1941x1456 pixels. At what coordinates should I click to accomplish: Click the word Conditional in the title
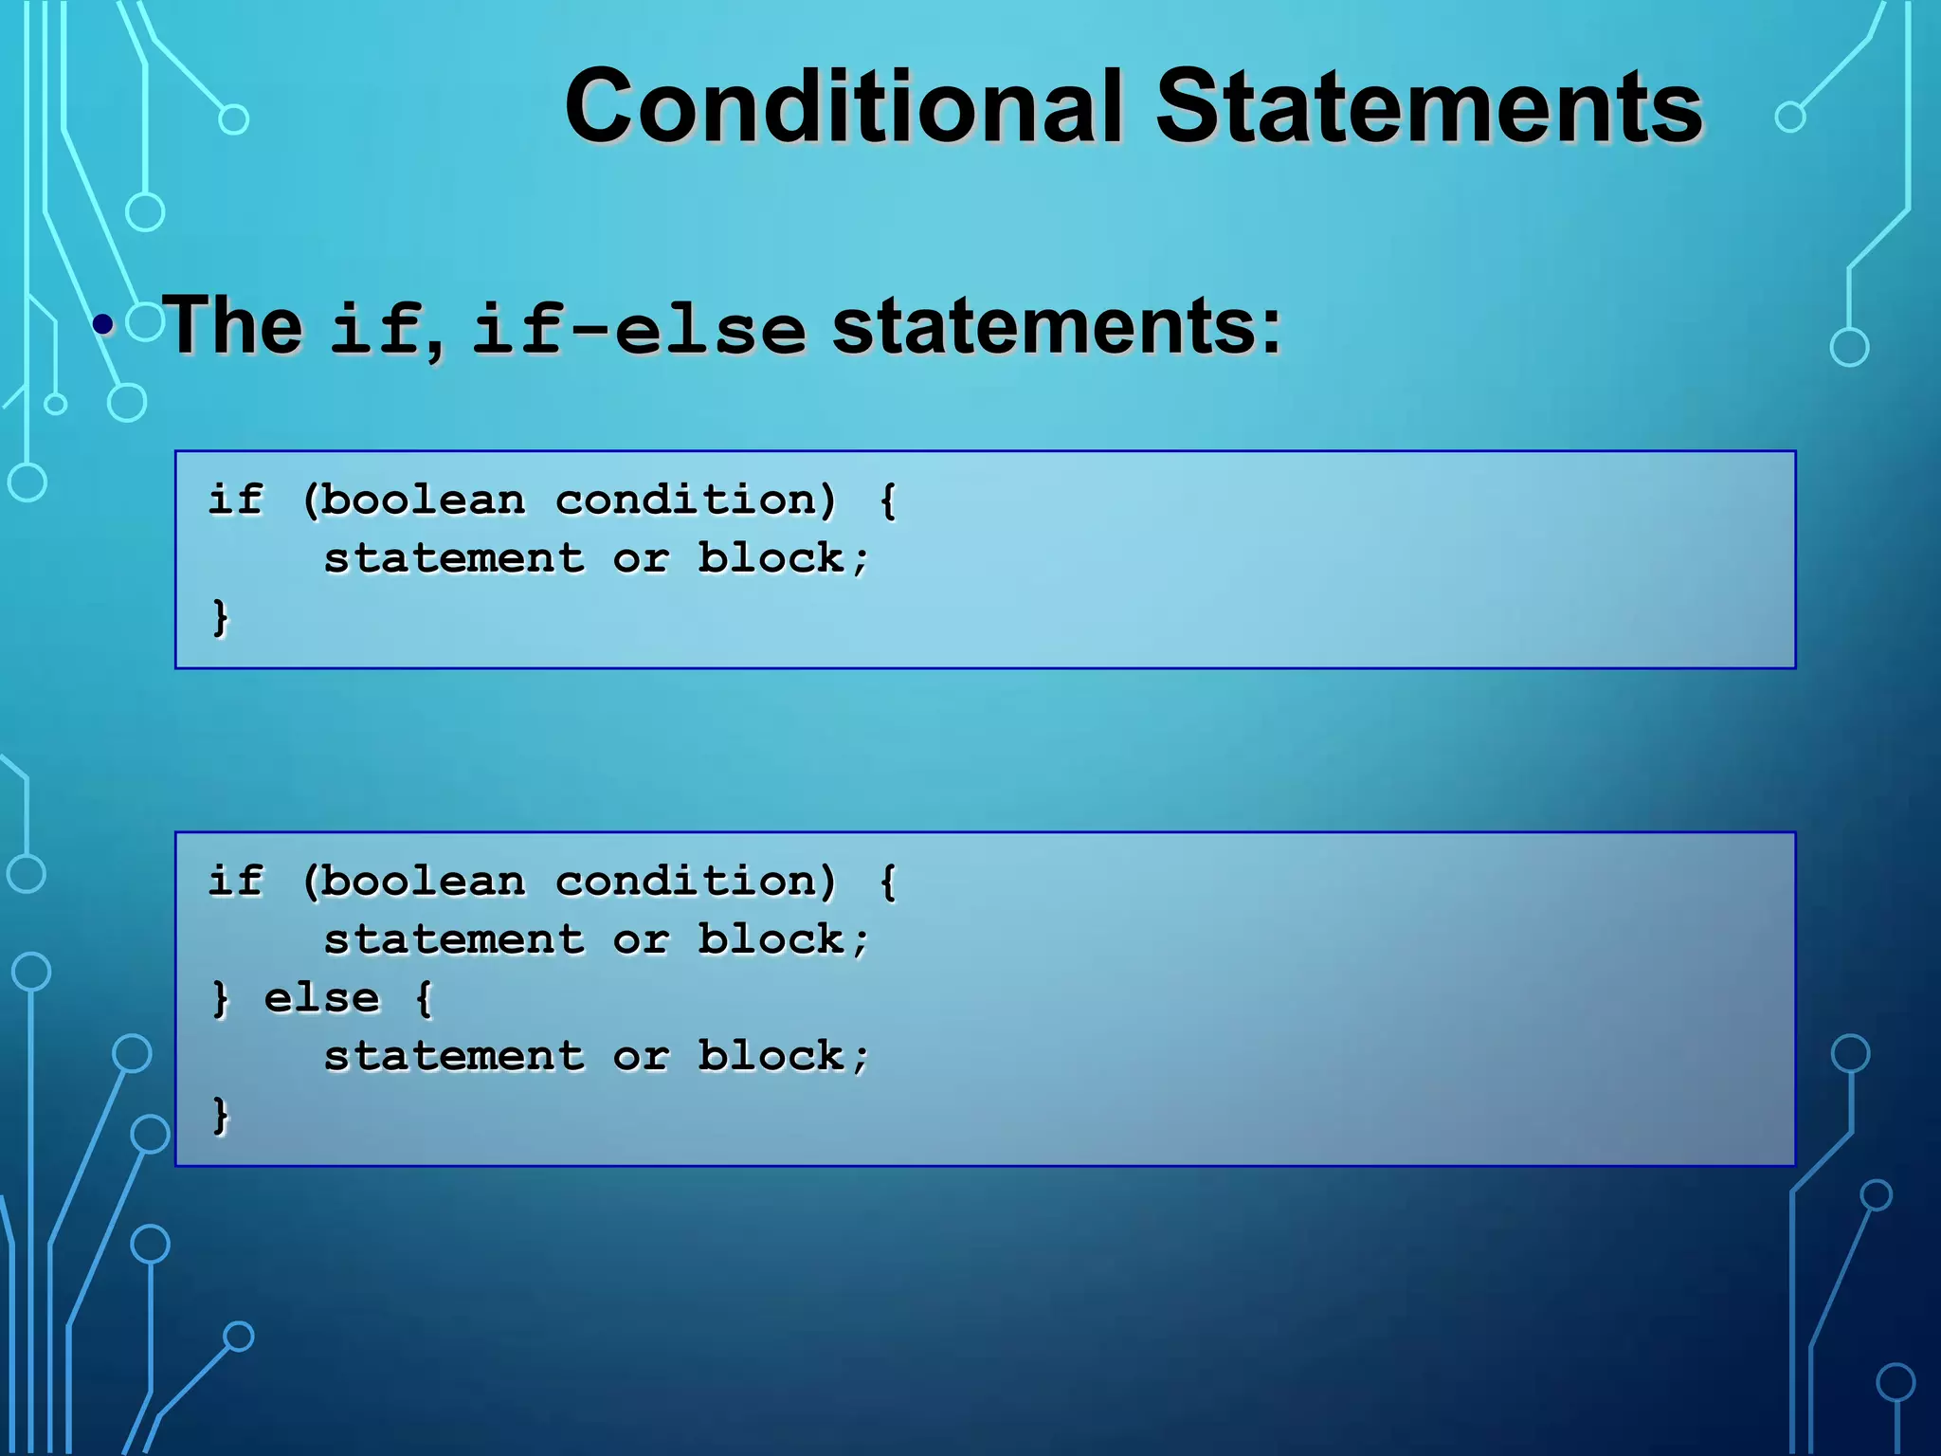pyautogui.click(x=844, y=106)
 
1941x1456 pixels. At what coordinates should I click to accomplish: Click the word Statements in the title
pyautogui.click(x=1429, y=106)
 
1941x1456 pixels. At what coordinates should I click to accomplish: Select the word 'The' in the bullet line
pyautogui.click(x=233, y=325)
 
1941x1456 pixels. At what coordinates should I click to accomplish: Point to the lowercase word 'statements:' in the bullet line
pyautogui.click(x=1056, y=325)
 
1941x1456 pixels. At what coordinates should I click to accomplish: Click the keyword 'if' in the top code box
pyautogui.click(x=235, y=500)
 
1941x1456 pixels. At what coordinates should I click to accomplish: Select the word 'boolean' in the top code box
pyautogui.click(x=422, y=500)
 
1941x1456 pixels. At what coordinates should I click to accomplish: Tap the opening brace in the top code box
pyautogui.click(x=888, y=500)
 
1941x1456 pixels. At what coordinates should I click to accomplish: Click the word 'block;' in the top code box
pyautogui.click(x=783, y=558)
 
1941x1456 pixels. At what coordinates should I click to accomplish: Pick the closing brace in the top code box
pyautogui.click(x=220, y=617)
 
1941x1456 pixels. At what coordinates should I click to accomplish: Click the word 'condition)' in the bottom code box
pyautogui.click(x=696, y=882)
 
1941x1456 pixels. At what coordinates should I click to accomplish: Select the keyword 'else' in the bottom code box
pyautogui.click(x=321, y=998)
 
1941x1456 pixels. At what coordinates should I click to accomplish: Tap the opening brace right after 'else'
pyautogui.click(x=424, y=998)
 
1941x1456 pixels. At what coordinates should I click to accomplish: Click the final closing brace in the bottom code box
pyautogui.click(x=220, y=1115)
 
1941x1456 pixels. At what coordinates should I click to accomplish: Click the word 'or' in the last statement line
pyautogui.click(x=641, y=1056)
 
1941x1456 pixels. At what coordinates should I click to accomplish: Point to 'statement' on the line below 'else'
pyautogui.click(x=454, y=1056)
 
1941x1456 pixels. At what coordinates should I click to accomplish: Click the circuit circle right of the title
pyautogui.click(x=1789, y=118)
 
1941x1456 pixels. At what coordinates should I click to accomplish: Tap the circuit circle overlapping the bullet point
pyautogui.click(x=145, y=322)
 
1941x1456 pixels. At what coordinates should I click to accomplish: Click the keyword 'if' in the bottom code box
pyautogui.click(x=235, y=882)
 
